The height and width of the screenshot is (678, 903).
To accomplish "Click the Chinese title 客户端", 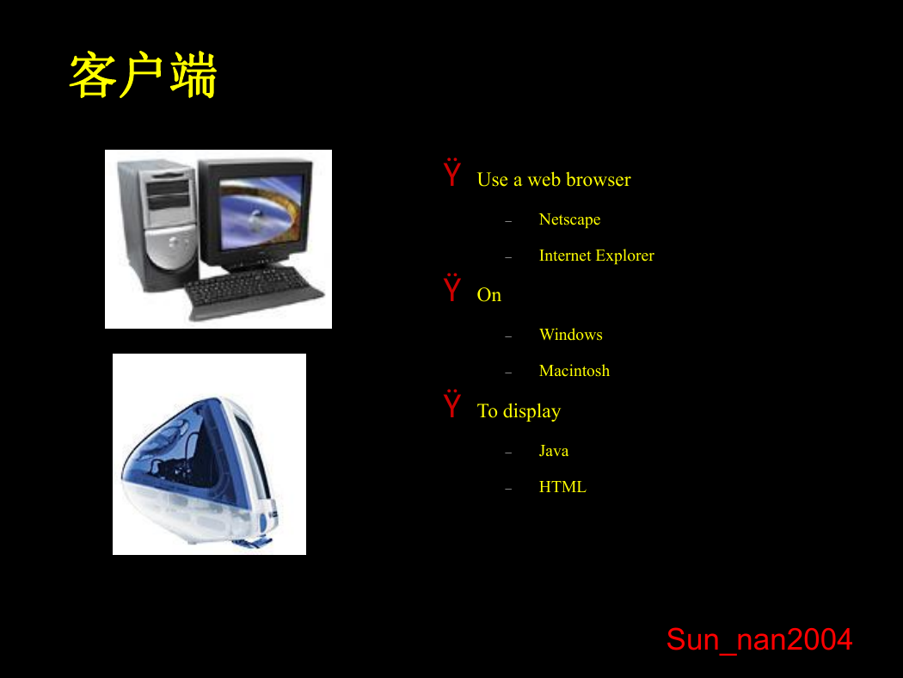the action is click(x=143, y=75).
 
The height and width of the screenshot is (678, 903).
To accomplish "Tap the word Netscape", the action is click(x=569, y=219).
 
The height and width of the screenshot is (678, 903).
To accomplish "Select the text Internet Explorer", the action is click(x=597, y=256).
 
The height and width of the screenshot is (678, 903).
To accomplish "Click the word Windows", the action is click(x=571, y=335).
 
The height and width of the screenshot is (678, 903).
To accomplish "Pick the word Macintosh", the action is click(x=574, y=371).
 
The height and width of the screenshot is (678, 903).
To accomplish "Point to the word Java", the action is click(x=554, y=451).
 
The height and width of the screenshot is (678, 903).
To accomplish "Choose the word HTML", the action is click(x=562, y=487).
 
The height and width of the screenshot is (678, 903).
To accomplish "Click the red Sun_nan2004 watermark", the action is click(x=759, y=640).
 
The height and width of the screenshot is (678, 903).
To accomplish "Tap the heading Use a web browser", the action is click(x=554, y=180).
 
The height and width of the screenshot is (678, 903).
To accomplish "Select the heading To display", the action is click(x=519, y=411).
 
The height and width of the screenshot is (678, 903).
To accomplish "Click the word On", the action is click(x=489, y=295).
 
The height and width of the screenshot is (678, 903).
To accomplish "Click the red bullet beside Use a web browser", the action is click(x=452, y=172).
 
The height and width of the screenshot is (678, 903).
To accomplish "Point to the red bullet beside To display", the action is click(x=452, y=404).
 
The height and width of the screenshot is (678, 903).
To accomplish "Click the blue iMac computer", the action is click(x=200, y=470).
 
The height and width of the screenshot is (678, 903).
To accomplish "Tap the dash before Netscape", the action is click(x=508, y=221).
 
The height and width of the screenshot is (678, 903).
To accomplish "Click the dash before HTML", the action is click(x=508, y=489).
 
